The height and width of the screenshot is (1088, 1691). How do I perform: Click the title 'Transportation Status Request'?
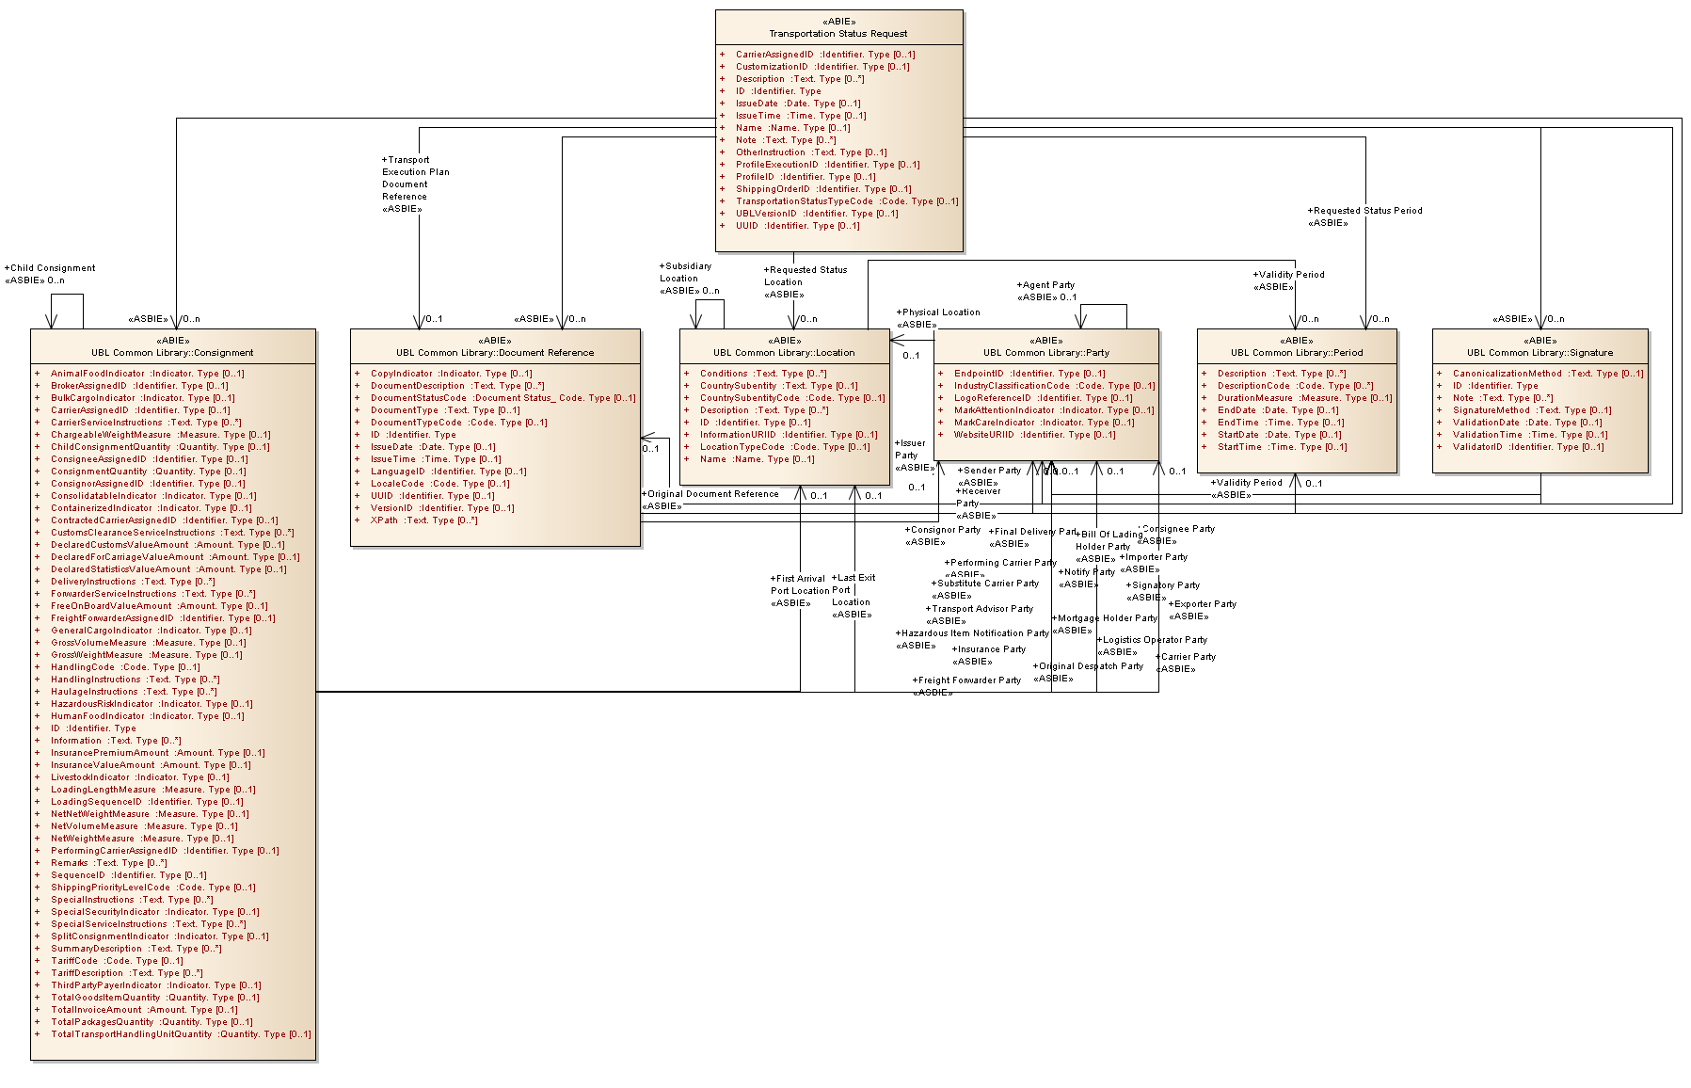click(838, 34)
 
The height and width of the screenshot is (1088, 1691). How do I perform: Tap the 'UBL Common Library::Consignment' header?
click(172, 353)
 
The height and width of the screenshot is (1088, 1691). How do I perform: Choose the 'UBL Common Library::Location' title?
click(784, 353)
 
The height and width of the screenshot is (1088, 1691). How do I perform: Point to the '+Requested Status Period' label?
click(1364, 211)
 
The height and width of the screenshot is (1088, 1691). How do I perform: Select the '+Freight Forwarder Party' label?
click(966, 680)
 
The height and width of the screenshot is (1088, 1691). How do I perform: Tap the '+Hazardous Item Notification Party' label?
click(972, 633)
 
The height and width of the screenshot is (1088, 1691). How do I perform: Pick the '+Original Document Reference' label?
click(710, 494)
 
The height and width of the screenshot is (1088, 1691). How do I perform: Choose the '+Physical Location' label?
click(938, 312)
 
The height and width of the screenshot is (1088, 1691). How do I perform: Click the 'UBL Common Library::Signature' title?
click(1539, 353)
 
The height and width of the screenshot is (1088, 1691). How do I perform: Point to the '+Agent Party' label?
click(1045, 285)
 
